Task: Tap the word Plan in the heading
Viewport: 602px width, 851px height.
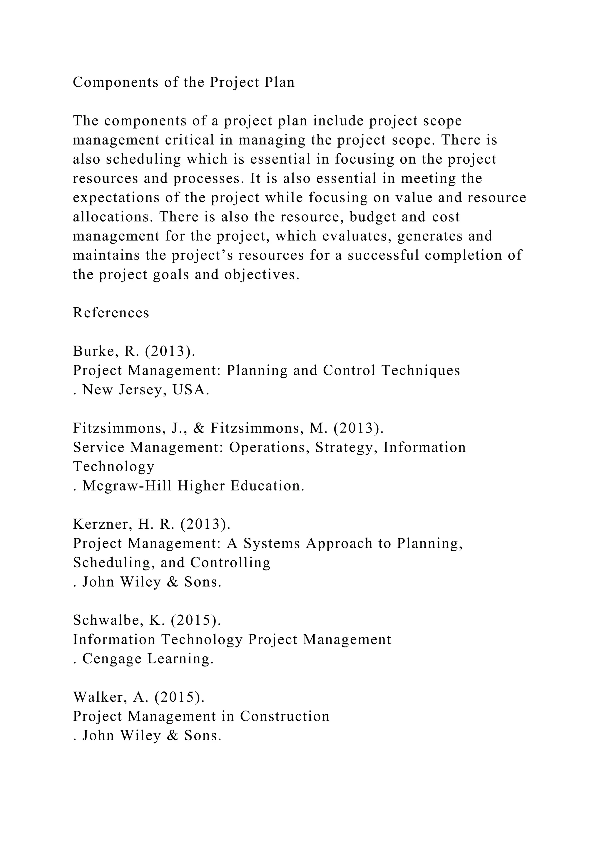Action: tap(279, 83)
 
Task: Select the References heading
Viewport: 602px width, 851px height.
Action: tap(111, 313)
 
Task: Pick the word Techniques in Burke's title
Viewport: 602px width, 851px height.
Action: tap(421, 370)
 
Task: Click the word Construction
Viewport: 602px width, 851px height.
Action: tap(285, 716)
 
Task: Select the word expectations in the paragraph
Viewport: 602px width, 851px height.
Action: tap(116, 198)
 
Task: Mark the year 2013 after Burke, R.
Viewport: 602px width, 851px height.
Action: tap(168, 351)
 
